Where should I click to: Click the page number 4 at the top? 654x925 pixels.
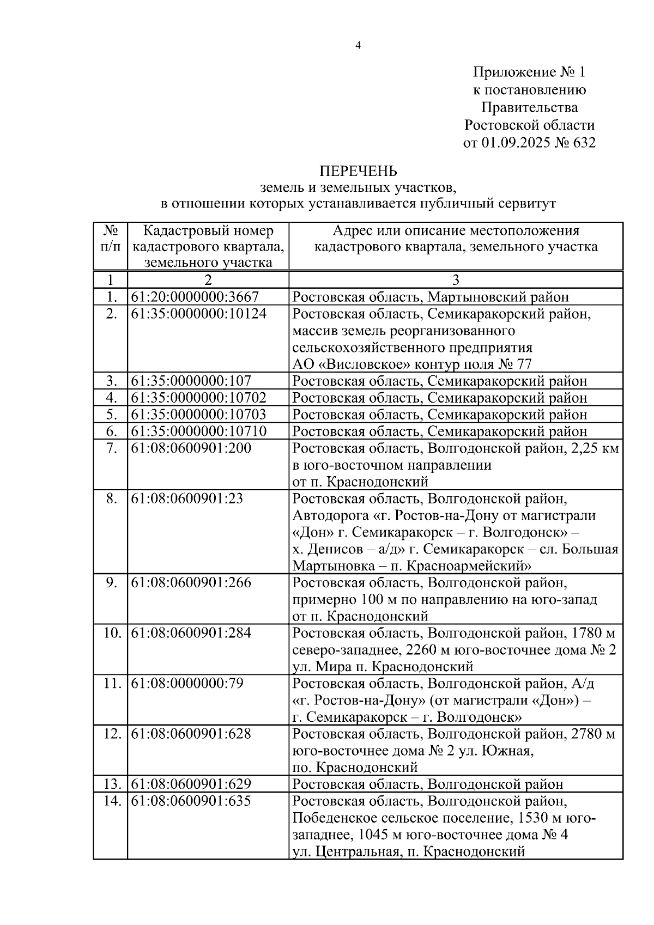(358, 46)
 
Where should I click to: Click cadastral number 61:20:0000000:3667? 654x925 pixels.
(195, 297)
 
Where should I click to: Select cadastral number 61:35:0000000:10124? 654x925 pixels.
(199, 314)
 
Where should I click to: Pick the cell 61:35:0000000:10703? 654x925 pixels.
(199, 415)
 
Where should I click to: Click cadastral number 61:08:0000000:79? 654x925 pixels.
(187, 683)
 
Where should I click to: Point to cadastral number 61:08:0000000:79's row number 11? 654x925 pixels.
(111, 683)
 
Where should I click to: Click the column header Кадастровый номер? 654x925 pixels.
(208, 231)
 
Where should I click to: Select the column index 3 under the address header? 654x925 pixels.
(456, 280)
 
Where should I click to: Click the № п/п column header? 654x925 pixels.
(111, 239)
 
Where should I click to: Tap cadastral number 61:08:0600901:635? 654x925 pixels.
(191, 801)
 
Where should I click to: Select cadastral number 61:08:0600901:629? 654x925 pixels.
(191, 784)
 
